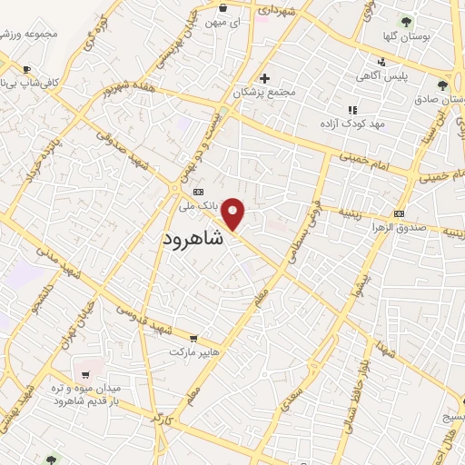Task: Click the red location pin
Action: click(x=234, y=213)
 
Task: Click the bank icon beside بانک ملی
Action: click(x=197, y=192)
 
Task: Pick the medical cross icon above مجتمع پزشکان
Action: click(x=264, y=78)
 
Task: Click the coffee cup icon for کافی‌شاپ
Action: click(x=26, y=69)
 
